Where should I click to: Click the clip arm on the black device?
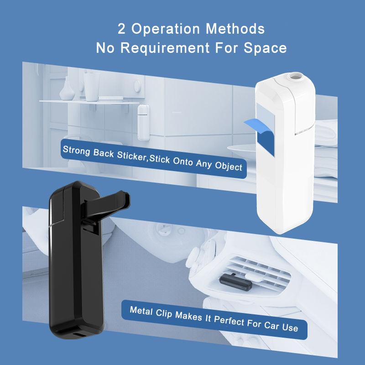107,199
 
